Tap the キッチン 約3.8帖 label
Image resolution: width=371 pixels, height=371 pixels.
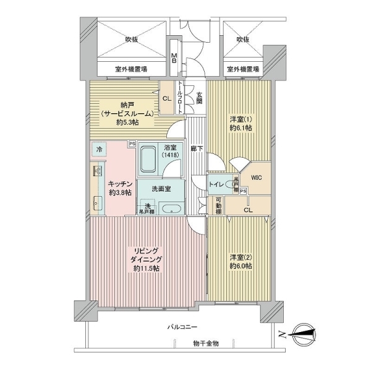(117, 187)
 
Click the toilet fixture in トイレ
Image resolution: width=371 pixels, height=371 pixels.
(233, 184)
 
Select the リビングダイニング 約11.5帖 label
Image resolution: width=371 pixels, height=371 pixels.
(145, 260)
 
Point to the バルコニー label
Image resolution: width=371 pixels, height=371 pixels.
(182, 326)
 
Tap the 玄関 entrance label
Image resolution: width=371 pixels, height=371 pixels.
(200, 99)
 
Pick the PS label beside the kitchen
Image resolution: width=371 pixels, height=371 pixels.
(132, 145)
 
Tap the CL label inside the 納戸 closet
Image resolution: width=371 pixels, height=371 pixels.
(167, 99)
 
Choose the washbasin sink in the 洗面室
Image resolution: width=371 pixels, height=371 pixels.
(172, 208)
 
